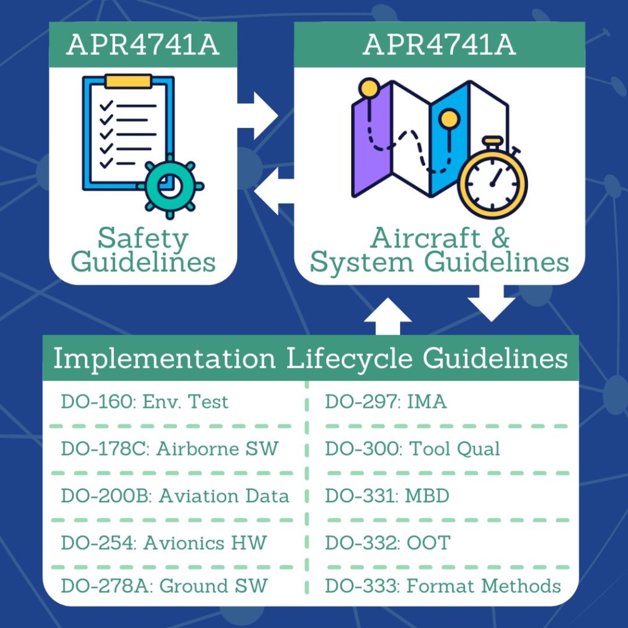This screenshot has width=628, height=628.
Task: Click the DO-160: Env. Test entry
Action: click(x=145, y=402)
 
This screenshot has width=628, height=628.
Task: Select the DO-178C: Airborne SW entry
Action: click(x=169, y=449)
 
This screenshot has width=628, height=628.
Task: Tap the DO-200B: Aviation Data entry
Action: click(x=175, y=496)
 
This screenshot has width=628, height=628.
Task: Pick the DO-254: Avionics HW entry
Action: click(x=163, y=542)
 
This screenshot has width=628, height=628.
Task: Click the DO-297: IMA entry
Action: click(x=385, y=402)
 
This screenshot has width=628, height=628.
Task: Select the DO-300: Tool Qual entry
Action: click(x=412, y=449)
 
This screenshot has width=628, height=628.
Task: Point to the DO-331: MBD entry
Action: click(x=387, y=496)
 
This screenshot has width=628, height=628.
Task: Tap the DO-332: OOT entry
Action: click(x=387, y=542)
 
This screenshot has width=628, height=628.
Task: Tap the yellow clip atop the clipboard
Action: click(x=128, y=81)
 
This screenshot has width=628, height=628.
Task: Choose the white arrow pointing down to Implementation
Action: click(x=492, y=301)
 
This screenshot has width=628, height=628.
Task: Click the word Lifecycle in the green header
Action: click(x=351, y=359)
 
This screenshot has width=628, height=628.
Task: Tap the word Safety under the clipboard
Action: click(x=143, y=238)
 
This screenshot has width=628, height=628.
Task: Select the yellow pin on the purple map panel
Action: click(x=368, y=89)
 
